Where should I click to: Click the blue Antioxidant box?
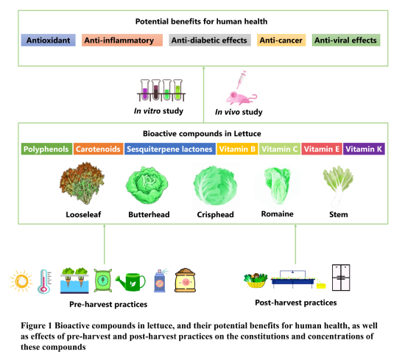click(x=49, y=40)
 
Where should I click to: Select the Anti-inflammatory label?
click(x=122, y=40)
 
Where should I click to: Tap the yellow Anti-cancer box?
click(x=281, y=40)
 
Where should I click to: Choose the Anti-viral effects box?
click(x=346, y=40)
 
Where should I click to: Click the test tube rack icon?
click(x=161, y=90)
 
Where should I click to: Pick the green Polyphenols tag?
click(x=46, y=149)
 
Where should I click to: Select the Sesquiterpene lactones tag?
click(x=170, y=149)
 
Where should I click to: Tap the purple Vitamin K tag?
click(x=364, y=149)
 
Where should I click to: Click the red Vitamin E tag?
click(x=322, y=149)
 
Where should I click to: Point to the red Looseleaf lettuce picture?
click(x=82, y=183)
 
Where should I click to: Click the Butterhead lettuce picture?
click(x=147, y=185)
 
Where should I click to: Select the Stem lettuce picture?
click(x=337, y=186)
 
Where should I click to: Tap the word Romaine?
click(x=277, y=213)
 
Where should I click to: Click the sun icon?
click(x=21, y=281)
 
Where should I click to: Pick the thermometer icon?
click(x=45, y=281)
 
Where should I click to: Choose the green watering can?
click(x=130, y=282)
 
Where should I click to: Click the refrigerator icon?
click(x=341, y=278)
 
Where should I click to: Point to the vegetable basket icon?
click(x=256, y=280)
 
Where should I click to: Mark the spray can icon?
click(x=160, y=280)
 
